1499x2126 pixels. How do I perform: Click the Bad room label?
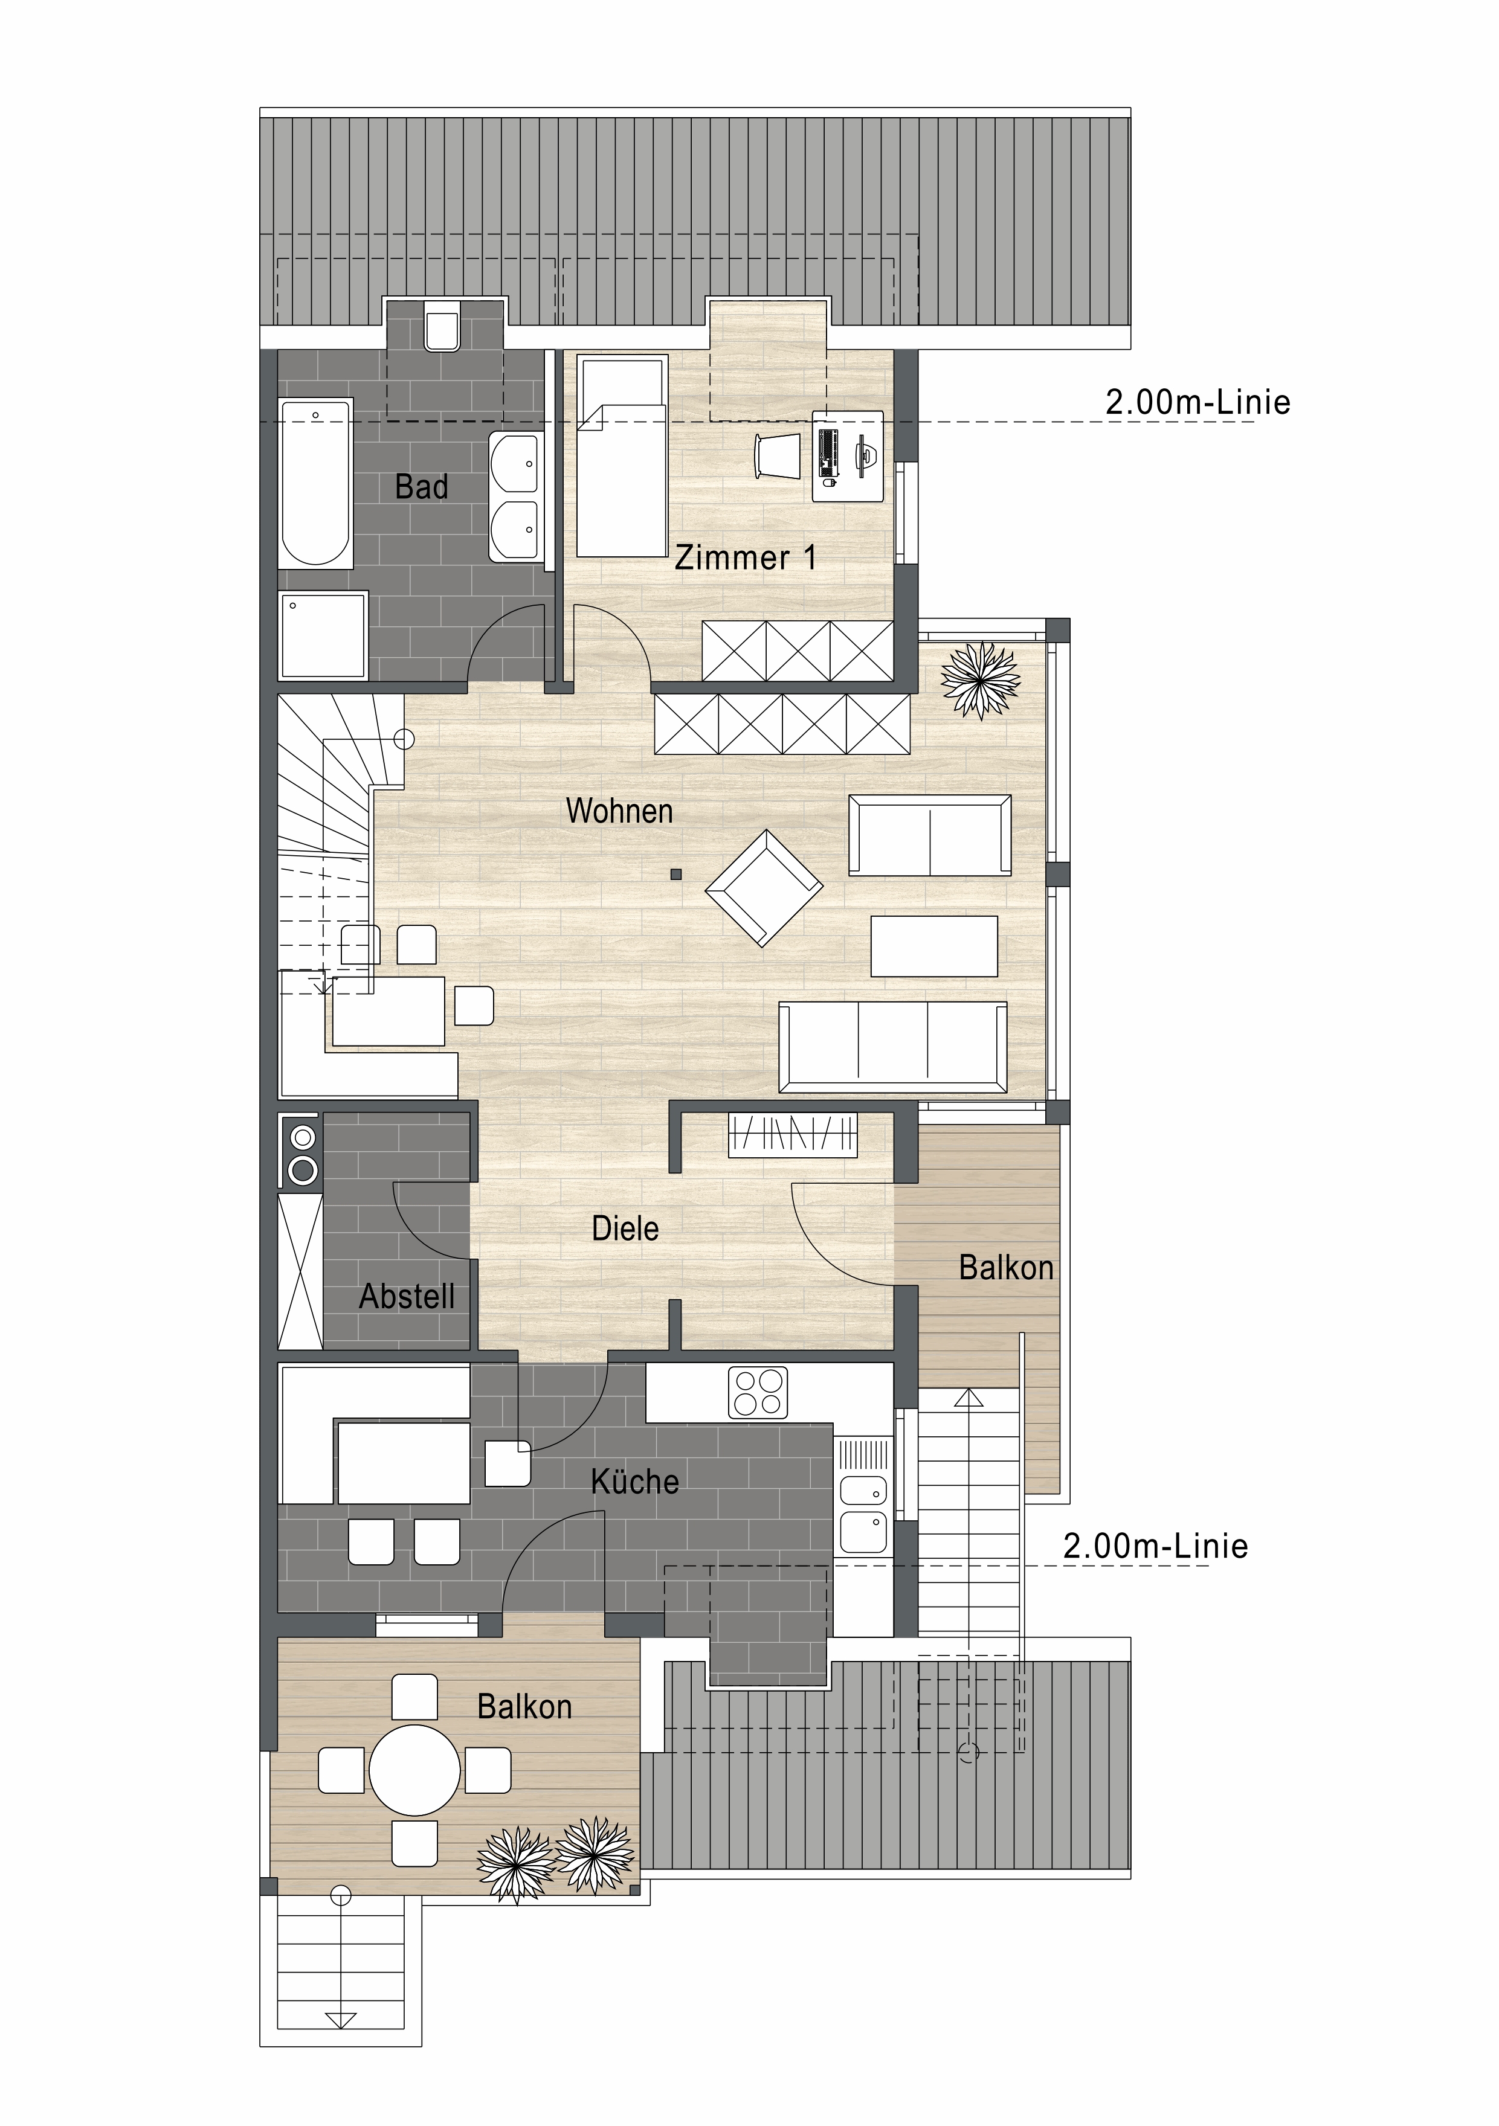422,486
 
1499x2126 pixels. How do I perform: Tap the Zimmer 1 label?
746,557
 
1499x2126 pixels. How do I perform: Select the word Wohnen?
619,811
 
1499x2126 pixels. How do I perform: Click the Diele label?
625,1228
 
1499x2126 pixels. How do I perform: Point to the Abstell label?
407,1296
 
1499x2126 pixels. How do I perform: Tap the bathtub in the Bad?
316,483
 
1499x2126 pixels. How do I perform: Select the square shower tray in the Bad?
323,635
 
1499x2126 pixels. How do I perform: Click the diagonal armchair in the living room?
764,888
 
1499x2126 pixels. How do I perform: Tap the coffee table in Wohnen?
934,946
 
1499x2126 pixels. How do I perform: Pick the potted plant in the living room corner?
980,681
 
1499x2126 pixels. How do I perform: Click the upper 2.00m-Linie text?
1198,402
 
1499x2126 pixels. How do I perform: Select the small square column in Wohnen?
676,874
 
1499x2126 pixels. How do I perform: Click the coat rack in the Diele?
793,1134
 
